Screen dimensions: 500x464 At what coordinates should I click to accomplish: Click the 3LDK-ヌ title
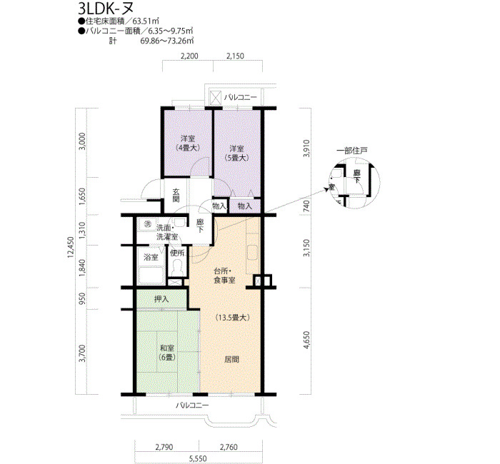(106, 8)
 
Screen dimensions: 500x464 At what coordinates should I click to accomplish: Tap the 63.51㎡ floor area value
(146, 21)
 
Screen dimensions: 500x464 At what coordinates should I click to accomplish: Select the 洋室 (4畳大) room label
(188, 143)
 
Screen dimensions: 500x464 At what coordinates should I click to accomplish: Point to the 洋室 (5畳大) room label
(236, 153)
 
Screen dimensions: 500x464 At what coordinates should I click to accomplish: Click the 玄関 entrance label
(176, 196)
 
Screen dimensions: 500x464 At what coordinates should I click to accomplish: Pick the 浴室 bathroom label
(151, 257)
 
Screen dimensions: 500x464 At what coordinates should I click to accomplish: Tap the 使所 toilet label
(177, 253)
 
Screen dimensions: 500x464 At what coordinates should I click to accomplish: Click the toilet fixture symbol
(176, 268)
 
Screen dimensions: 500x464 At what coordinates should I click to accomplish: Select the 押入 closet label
(161, 299)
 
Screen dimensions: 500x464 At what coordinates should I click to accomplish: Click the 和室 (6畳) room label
(167, 353)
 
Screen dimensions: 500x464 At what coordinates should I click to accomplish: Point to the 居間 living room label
(231, 359)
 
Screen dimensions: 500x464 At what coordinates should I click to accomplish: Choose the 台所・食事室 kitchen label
(224, 276)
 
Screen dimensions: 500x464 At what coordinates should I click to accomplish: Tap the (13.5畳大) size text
(232, 318)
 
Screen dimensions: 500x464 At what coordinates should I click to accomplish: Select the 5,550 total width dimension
(198, 458)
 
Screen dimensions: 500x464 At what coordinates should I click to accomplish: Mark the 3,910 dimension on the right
(306, 148)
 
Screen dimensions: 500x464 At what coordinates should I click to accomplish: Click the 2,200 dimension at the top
(189, 56)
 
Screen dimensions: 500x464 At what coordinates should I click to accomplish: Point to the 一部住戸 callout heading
(352, 151)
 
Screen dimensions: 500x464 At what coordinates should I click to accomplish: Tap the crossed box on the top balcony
(216, 98)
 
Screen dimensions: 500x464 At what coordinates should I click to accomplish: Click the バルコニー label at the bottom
(192, 405)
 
